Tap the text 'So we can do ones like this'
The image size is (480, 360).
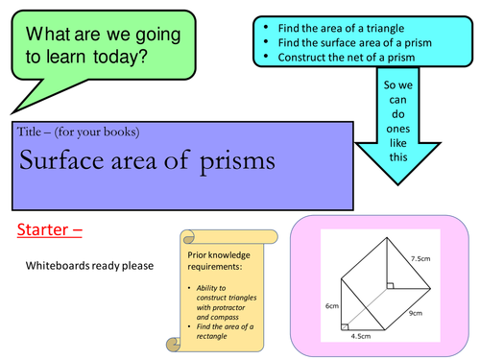coord(397,120)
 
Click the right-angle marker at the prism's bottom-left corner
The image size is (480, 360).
coord(347,325)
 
